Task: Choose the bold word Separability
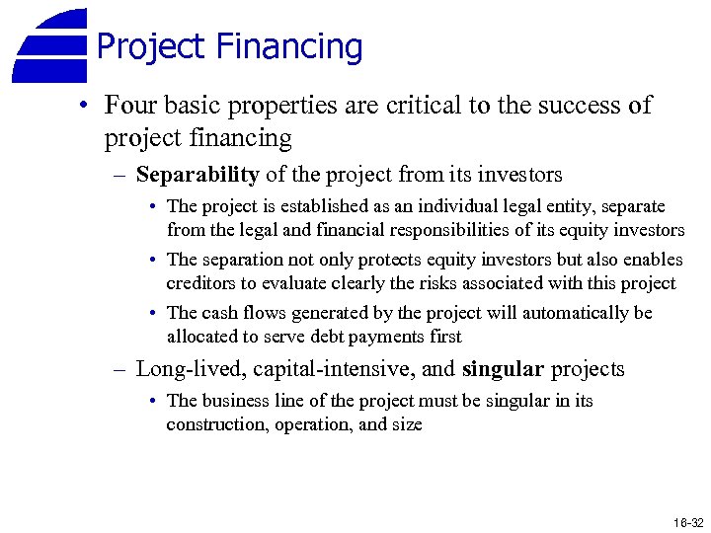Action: pyautogui.click(x=197, y=176)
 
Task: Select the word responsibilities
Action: pyautogui.click(x=432, y=230)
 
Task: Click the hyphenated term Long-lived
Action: pyautogui.click(x=190, y=370)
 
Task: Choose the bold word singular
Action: pyautogui.click(x=503, y=370)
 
